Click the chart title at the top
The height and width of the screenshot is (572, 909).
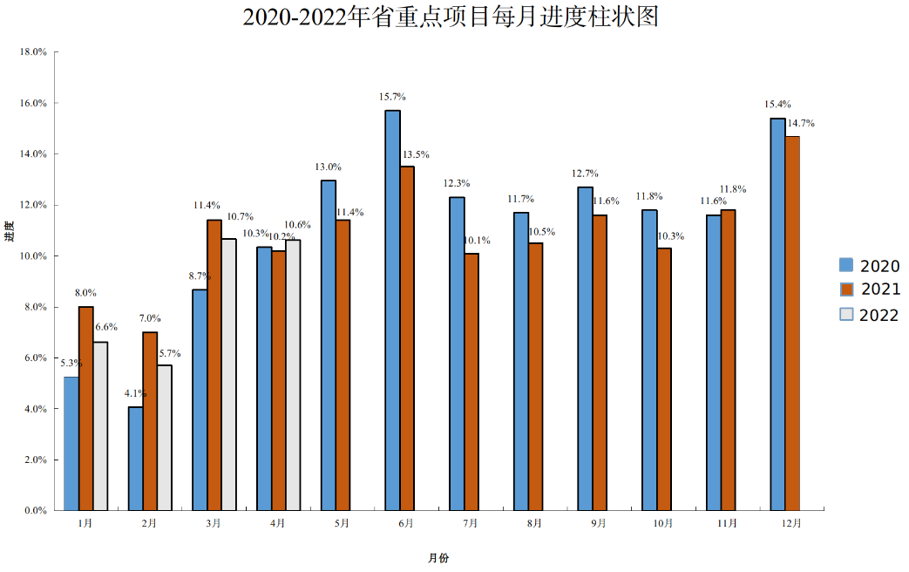click(x=449, y=17)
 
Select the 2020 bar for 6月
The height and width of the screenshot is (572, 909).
click(x=393, y=310)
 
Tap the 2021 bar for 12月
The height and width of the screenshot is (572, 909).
click(x=792, y=323)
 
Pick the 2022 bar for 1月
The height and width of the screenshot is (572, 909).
click(x=100, y=426)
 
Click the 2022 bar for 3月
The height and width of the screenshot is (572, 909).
click(x=228, y=374)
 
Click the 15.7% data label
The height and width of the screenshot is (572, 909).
click(x=392, y=97)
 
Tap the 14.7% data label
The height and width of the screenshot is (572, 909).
click(x=801, y=124)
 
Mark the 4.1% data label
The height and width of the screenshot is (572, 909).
click(x=135, y=393)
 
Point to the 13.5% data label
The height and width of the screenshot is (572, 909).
click(x=416, y=154)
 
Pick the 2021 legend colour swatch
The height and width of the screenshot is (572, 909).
click(x=846, y=289)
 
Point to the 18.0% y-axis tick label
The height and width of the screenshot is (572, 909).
click(x=33, y=51)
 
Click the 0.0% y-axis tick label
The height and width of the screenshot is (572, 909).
click(x=36, y=510)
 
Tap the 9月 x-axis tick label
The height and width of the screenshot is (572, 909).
click(x=599, y=523)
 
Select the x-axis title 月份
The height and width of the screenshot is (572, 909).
click(x=438, y=557)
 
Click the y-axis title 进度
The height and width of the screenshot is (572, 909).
click(x=9, y=231)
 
